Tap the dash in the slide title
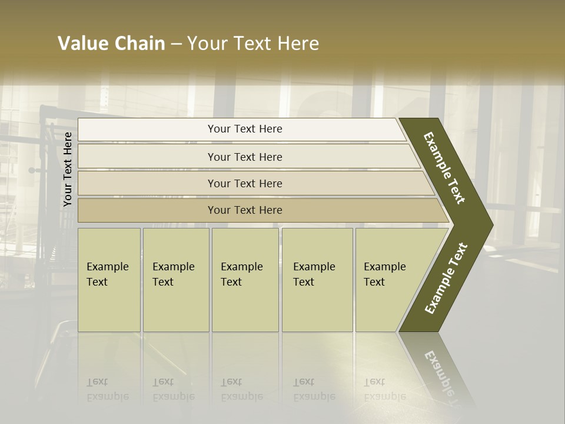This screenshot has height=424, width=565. [176, 44]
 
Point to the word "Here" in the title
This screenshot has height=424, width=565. [298, 44]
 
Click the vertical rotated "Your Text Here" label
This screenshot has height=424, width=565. [68, 170]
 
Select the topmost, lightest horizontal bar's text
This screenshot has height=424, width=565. [245, 129]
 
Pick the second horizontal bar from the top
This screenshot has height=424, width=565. [245, 157]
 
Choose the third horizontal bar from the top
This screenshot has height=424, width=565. [245, 183]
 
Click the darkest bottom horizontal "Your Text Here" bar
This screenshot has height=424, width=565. [245, 210]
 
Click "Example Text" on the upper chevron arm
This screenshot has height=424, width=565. [444, 168]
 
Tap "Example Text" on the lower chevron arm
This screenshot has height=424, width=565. [446, 279]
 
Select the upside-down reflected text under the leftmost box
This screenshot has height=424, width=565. [108, 389]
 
